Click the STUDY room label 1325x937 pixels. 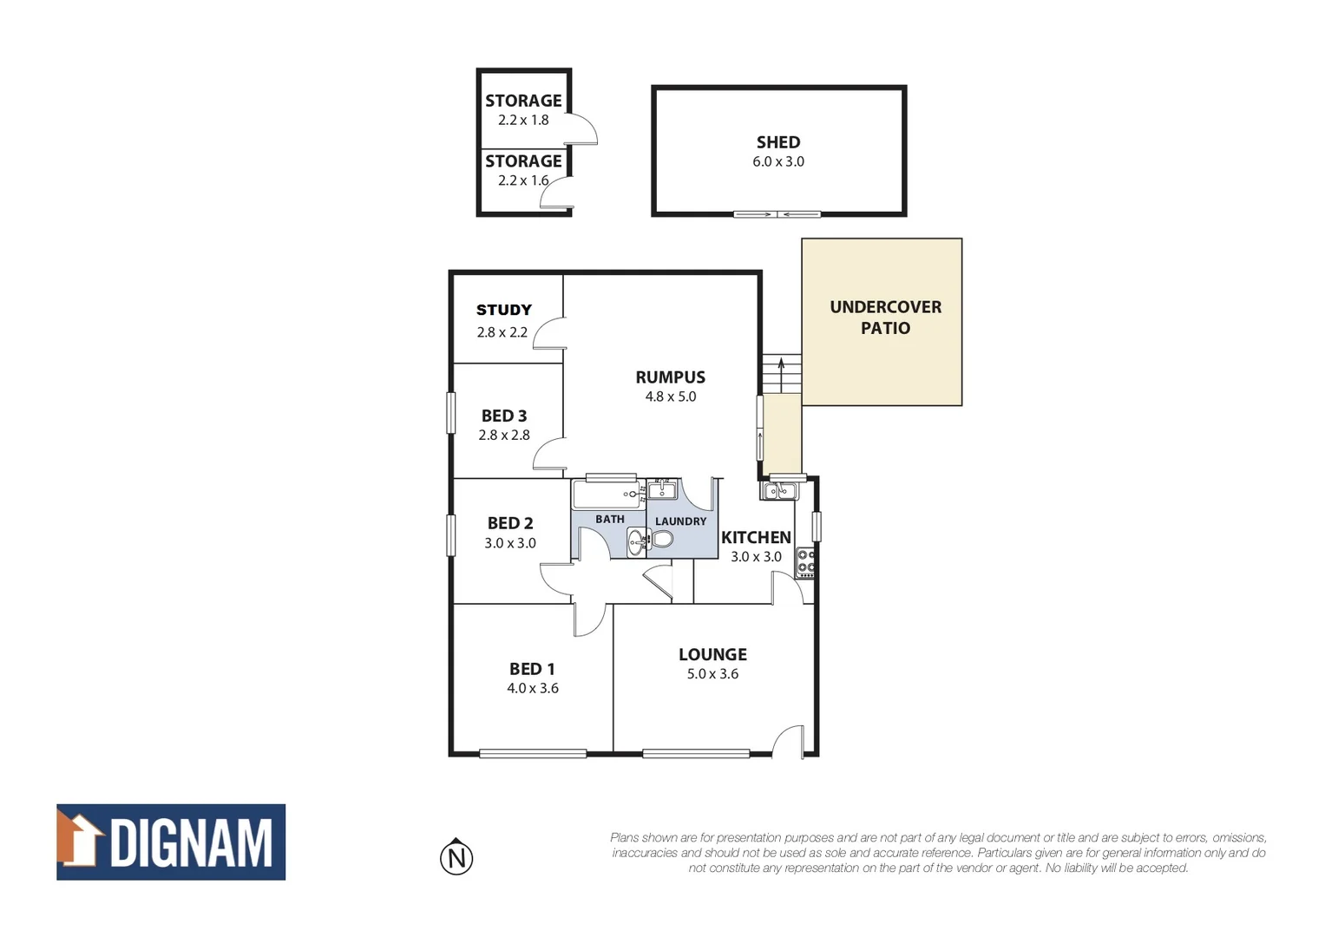tap(503, 310)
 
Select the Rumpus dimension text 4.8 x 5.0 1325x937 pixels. tap(670, 396)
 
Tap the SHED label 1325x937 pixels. tap(777, 142)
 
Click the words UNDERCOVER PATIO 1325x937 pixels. tap(884, 318)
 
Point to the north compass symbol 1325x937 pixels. tap(456, 858)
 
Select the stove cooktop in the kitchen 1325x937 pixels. tap(805, 562)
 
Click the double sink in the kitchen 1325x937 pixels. tap(779, 492)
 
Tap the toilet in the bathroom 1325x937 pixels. tap(661, 539)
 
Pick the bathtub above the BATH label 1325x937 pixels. tap(606, 495)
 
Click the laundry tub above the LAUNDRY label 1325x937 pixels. tap(662, 490)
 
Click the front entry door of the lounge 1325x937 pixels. tap(789, 742)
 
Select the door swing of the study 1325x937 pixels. tap(548, 333)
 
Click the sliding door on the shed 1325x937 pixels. tap(777, 214)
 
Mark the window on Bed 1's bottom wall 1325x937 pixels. tap(533, 753)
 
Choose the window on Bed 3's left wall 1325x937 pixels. tap(450, 413)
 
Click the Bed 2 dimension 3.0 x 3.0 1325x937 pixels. tap(509, 543)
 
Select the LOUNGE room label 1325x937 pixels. tap(712, 655)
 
